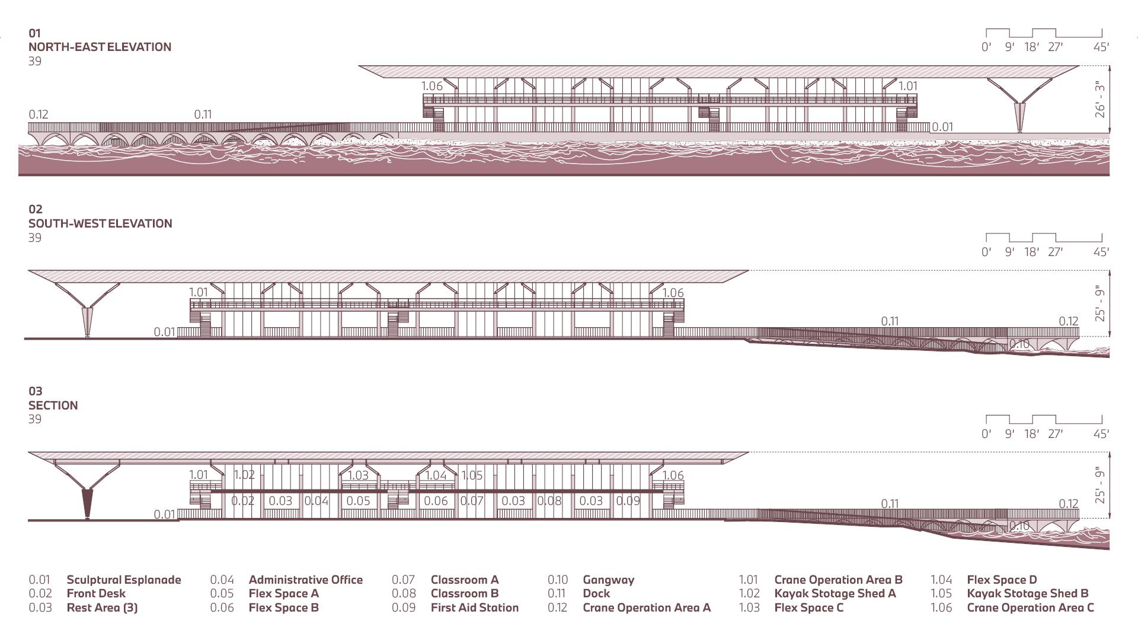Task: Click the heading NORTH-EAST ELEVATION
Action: click(x=100, y=47)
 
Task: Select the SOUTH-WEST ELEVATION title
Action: click(x=100, y=223)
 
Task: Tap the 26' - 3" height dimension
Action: click(x=1100, y=100)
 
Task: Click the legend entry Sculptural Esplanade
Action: click(x=123, y=580)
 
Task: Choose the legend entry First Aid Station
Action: click(x=474, y=607)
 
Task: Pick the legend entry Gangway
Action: click(x=608, y=580)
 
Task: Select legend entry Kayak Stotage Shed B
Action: click(x=1027, y=593)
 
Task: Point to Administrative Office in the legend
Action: click(x=305, y=580)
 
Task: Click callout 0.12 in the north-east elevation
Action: click(x=39, y=114)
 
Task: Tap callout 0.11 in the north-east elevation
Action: click(x=203, y=114)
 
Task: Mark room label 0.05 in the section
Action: click(x=358, y=501)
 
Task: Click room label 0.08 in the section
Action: click(x=549, y=501)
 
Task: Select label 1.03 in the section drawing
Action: click(x=358, y=475)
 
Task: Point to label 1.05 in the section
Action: click(x=472, y=475)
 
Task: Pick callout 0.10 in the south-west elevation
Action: click(x=1019, y=344)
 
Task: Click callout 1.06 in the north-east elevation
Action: click(x=432, y=86)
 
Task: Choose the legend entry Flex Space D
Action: click(x=1002, y=580)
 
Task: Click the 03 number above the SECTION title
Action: click(x=36, y=391)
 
